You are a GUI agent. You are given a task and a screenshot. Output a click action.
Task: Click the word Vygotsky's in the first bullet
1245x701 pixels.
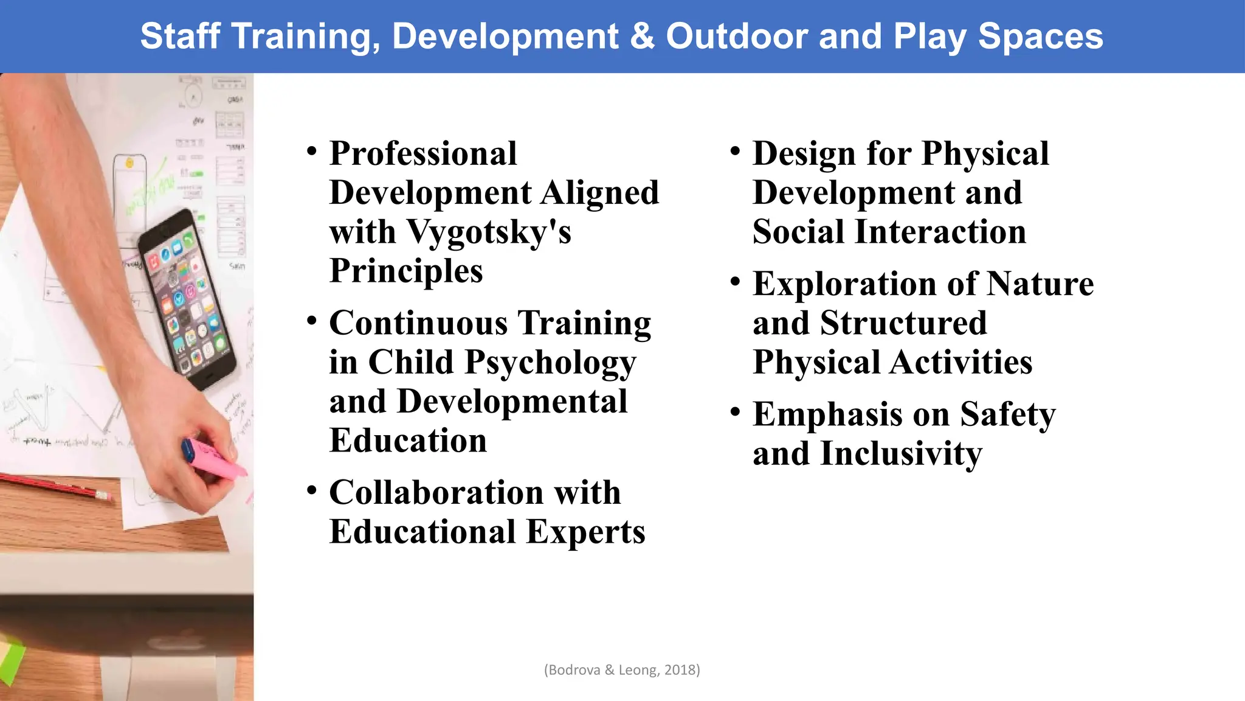(x=489, y=233)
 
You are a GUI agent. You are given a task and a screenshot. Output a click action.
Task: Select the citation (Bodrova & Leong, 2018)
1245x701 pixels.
(x=622, y=670)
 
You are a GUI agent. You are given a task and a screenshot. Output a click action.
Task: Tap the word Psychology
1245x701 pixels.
(x=550, y=363)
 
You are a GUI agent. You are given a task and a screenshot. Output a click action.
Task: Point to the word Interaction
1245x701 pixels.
(x=940, y=232)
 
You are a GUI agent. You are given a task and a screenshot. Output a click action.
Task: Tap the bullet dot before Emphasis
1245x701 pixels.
(x=736, y=412)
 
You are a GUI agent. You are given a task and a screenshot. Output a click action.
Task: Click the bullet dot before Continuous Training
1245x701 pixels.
(x=312, y=321)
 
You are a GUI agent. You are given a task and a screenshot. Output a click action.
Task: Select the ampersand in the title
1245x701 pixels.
(x=643, y=37)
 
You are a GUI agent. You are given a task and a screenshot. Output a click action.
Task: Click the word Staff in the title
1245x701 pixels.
(x=180, y=37)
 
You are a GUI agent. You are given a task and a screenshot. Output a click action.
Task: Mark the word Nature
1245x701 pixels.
(x=1040, y=284)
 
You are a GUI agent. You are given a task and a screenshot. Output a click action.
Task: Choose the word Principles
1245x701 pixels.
(x=406, y=271)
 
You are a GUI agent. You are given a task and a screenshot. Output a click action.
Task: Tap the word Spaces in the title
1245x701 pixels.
(x=1040, y=37)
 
